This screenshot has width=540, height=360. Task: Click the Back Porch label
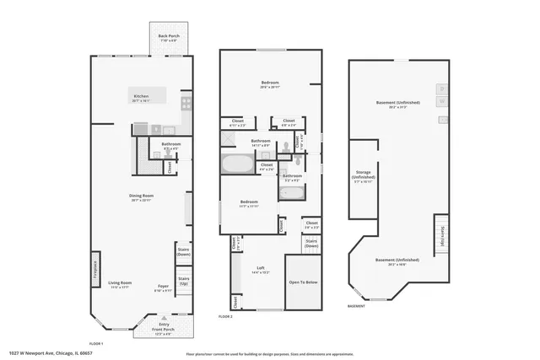167,38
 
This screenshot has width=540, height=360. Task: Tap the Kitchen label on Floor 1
142,99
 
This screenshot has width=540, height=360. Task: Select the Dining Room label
139,198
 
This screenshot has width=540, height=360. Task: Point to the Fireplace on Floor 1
94,271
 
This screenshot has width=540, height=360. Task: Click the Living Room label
121,284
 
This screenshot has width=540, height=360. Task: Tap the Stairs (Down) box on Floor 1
183,252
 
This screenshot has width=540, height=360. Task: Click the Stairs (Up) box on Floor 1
183,280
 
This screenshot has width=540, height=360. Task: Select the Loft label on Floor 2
261,269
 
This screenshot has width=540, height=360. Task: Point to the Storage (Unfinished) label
364,179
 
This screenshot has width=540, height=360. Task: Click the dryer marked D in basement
441,89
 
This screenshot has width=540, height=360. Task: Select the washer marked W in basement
441,101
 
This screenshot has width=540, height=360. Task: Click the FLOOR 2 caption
225,316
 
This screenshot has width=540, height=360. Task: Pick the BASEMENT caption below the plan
356,307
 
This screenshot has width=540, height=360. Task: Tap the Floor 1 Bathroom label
171,146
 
